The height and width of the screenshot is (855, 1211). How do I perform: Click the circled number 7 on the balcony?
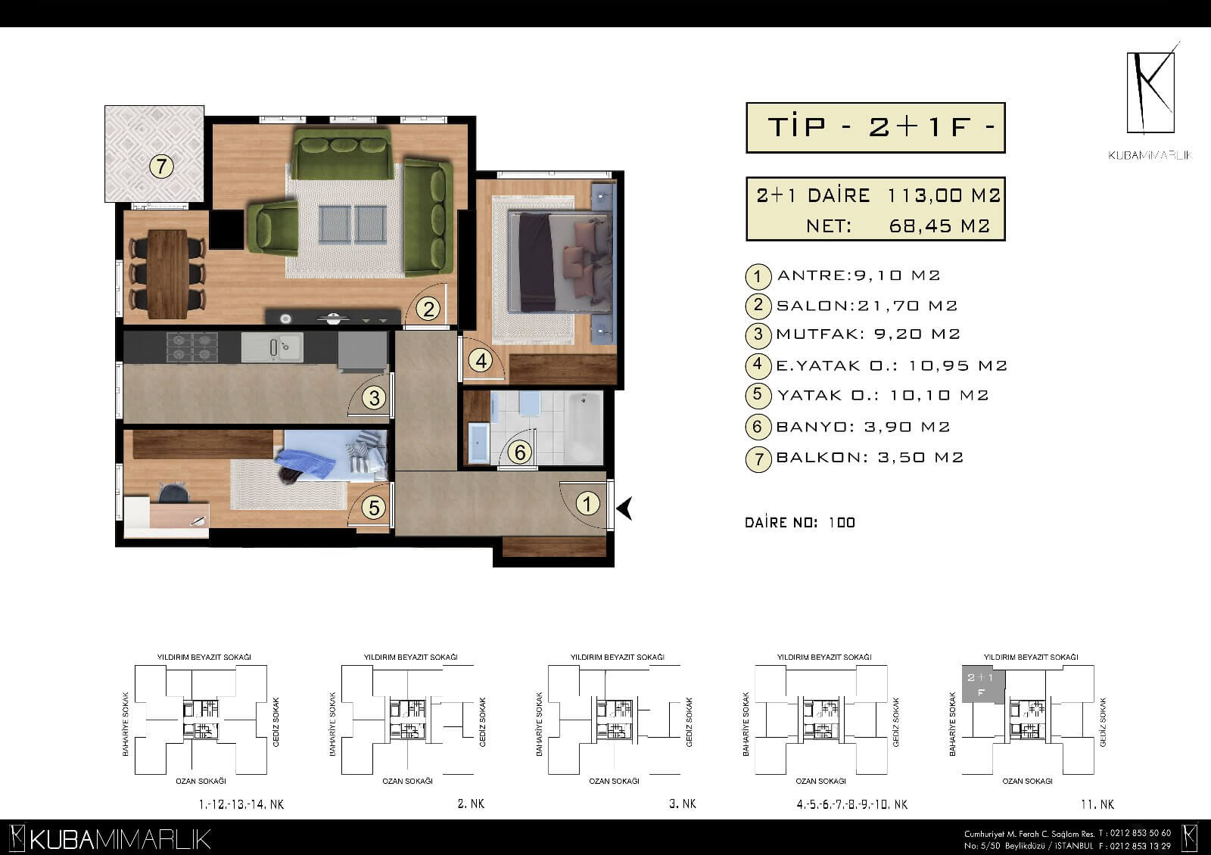click(x=161, y=166)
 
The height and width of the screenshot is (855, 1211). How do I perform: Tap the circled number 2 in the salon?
click(x=428, y=309)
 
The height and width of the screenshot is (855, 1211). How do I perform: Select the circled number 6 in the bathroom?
click(x=520, y=452)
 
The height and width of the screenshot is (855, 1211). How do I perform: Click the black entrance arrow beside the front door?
click(x=624, y=508)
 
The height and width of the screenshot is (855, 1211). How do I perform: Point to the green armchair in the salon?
click(x=272, y=227)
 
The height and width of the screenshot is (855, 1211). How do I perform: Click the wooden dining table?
click(x=167, y=274)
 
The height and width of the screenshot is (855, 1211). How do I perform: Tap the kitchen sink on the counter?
click(x=272, y=347)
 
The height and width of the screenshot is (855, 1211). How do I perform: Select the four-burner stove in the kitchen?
click(x=192, y=347)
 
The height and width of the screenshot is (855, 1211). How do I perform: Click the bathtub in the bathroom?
click(x=584, y=427)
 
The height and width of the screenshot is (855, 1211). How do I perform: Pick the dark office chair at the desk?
click(x=173, y=493)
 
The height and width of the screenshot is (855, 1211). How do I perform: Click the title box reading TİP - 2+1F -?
click(x=875, y=128)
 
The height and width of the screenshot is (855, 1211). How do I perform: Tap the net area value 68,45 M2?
click(x=939, y=226)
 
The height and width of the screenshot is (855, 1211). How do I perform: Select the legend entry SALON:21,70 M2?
click(x=867, y=306)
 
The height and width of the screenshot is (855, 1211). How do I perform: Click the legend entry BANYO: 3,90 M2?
click(x=863, y=427)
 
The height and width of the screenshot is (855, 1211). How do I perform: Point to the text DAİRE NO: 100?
click(x=799, y=523)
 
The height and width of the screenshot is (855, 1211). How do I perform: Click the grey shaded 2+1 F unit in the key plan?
click(x=983, y=685)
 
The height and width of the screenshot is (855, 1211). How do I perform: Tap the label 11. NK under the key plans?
click(x=1097, y=805)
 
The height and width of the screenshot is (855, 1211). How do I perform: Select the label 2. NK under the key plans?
click(x=471, y=804)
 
